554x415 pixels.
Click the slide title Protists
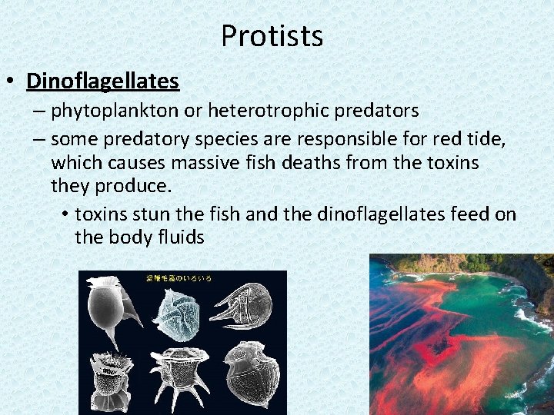pos(272,36)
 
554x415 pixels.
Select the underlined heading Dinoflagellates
pos(102,81)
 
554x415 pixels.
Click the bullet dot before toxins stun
pos(65,214)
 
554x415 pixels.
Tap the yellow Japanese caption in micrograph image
pos(179,277)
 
